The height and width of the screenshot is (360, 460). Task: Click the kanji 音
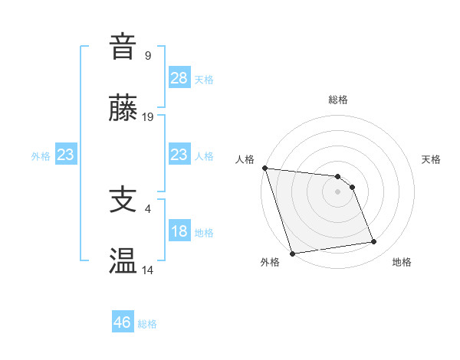coord(123,47)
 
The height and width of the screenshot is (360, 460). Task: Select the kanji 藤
coord(123,109)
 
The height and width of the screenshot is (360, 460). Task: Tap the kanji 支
coord(123,201)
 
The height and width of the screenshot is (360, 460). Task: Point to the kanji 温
coord(123,261)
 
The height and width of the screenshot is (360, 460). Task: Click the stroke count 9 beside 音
coord(148,55)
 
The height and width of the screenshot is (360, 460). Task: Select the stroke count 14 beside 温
coord(148,270)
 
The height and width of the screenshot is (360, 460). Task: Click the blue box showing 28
coord(179,78)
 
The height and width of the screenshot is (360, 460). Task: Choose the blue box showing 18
coord(179,232)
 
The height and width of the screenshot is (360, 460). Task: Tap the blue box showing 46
coord(123,322)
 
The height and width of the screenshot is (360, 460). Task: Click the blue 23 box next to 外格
coord(65,155)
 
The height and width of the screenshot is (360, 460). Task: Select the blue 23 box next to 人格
coord(179,155)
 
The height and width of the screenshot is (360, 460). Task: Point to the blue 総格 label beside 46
coord(147,324)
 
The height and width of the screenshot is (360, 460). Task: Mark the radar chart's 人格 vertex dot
coord(264,168)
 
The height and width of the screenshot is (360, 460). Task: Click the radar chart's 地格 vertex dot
coord(374,242)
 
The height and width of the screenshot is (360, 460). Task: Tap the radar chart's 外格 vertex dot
coord(292,252)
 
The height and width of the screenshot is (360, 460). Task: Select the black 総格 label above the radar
coord(338,100)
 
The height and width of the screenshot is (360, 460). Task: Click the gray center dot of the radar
coord(338,191)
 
